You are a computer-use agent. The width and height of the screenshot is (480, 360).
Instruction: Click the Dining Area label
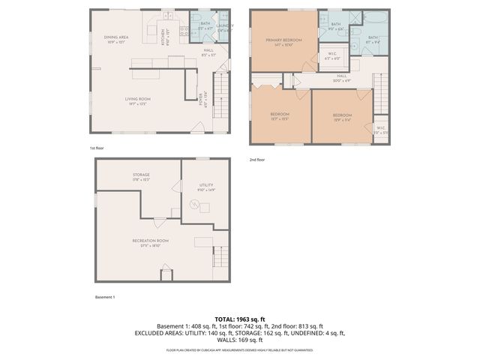(x=117, y=37)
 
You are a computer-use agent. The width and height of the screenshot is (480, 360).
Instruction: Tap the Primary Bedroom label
(x=283, y=40)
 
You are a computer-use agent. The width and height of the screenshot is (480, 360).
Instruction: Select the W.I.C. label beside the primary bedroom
(x=332, y=55)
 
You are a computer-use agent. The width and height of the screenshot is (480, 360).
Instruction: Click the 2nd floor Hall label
(x=341, y=76)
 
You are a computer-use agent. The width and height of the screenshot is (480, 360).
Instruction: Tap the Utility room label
(x=206, y=187)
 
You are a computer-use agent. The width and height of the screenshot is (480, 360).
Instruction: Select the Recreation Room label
(x=150, y=242)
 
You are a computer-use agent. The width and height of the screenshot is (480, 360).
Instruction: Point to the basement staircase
(x=220, y=257)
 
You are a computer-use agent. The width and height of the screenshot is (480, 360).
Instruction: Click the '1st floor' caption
(x=96, y=148)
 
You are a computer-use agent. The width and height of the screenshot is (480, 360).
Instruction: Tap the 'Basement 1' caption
(x=105, y=298)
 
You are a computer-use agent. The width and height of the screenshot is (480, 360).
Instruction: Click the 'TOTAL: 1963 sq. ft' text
(x=240, y=319)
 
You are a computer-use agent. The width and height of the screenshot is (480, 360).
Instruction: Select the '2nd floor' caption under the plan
(x=256, y=159)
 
